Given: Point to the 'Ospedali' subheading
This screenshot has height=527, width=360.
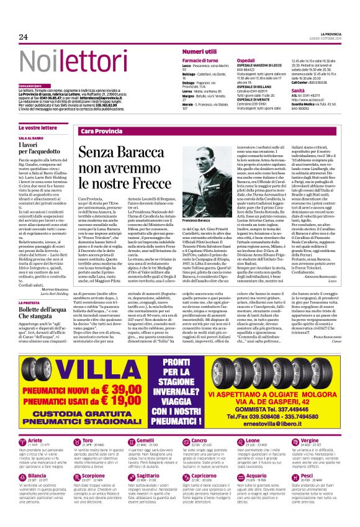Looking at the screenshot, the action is click(x=246, y=60).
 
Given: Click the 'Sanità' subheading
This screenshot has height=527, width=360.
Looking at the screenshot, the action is click(x=298, y=90).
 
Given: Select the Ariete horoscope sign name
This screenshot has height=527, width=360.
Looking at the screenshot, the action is click(x=38, y=423).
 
